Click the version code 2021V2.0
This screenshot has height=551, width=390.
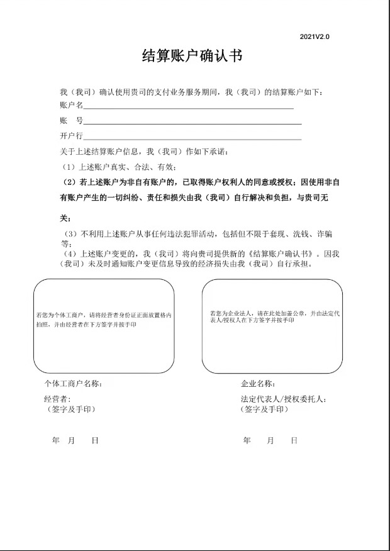coord(315,37)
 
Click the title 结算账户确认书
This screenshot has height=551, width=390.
coord(192,57)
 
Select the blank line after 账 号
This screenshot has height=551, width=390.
coord(192,122)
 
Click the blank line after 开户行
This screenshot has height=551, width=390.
coord(192,137)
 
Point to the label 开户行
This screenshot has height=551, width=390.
coord(71,136)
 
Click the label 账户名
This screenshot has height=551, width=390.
coord(71,106)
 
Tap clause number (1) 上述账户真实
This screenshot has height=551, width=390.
coord(69,167)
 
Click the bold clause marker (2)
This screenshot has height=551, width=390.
coord(69,182)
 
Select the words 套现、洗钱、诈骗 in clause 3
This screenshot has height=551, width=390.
coord(303,234)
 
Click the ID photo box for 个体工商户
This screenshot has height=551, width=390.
coord(104,326)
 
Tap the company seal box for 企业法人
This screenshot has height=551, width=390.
coord(272,326)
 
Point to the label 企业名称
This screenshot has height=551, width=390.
coord(258,383)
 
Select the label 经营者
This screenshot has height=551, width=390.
coord(57,399)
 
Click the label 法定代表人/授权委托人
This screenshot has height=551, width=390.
coord(284,399)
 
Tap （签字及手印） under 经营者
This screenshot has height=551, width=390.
coord(71,409)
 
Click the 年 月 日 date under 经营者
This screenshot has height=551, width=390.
coord(75,441)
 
